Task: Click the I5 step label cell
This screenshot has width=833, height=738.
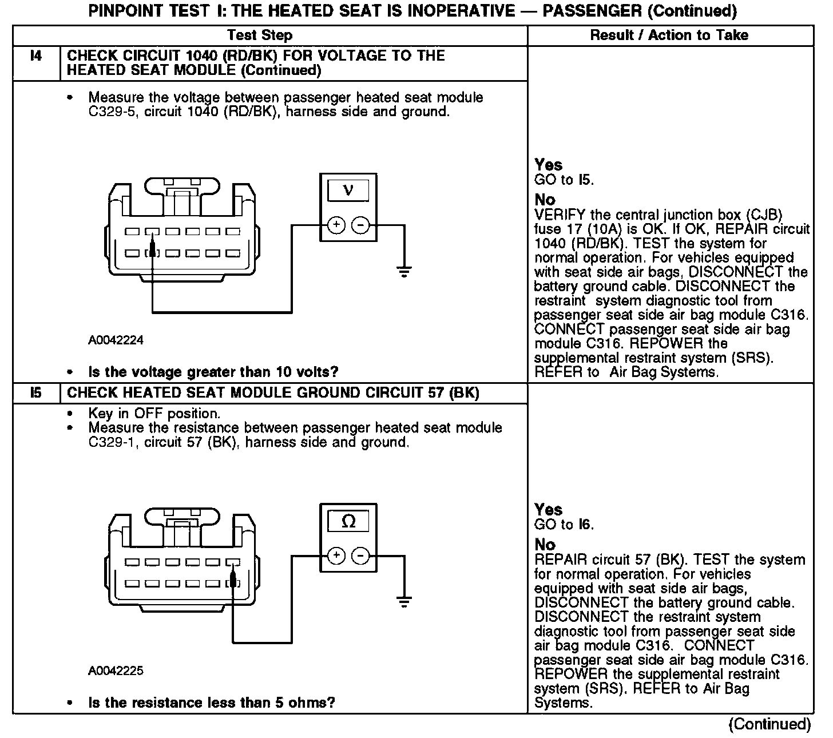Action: click(x=35, y=393)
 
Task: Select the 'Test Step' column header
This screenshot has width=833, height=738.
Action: click(x=260, y=35)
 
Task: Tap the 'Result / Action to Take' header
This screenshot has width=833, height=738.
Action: click(x=669, y=35)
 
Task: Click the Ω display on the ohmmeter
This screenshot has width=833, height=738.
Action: click(x=348, y=521)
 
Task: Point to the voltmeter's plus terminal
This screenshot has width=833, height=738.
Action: click(x=336, y=225)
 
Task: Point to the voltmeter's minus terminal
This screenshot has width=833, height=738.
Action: click(x=360, y=225)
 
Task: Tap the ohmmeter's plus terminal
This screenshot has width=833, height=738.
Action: click(x=336, y=555)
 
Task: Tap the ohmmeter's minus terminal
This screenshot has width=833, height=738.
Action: click(x=360, y=555)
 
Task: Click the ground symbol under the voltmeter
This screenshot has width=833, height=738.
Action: click(x=404, y=271)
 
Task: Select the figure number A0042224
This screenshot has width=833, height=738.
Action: click(x=116, y=340)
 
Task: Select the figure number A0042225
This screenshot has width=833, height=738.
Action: click(x=116, y=670)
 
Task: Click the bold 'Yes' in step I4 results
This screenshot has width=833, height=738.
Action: click(x=549, y=165)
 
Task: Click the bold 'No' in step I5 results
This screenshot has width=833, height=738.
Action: click(x=545, y=545)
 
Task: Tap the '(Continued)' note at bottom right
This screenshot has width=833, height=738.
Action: click(x=769, y=724)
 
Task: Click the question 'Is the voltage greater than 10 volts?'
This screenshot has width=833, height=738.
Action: click(x=213, y=372)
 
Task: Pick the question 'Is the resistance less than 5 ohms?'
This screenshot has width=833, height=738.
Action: click(x=212, y=703)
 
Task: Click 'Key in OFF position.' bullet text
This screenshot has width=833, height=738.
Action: click(x=154, y=413)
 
